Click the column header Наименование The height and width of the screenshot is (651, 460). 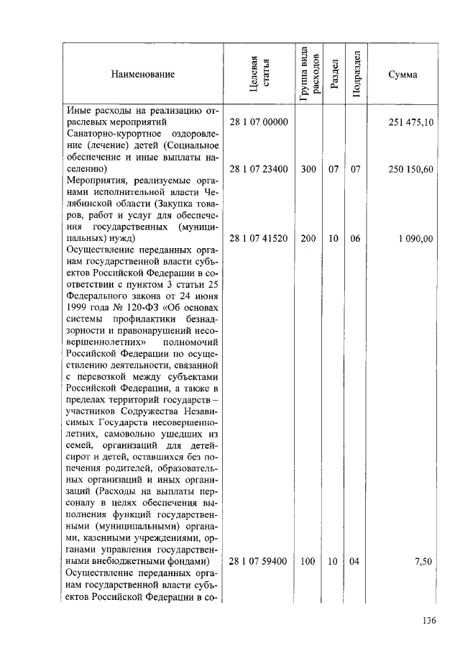[x=142, y=74]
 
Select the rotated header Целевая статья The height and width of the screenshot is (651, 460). [x=259, y=74]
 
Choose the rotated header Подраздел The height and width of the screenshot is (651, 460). [x=356, y=74]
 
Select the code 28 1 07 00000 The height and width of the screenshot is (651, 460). [x=259, y=123]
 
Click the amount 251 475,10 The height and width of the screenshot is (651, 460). [x=410, y=123]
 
